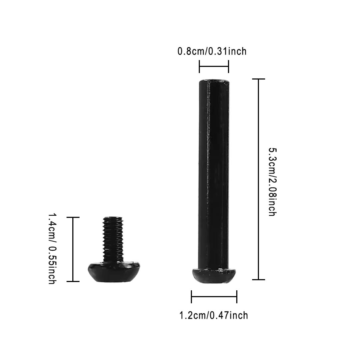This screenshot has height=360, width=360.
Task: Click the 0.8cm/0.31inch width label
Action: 212,51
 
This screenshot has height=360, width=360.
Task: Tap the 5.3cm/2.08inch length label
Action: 272,182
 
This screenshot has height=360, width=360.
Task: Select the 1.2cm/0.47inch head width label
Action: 214,315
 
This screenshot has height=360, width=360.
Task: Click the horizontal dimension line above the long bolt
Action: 214,67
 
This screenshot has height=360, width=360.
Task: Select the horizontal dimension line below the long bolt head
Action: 214,297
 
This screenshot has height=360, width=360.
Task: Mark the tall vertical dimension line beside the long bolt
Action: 258,179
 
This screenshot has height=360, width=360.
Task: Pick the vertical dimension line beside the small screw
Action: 73,249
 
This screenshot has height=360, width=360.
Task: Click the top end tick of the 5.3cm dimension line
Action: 258,79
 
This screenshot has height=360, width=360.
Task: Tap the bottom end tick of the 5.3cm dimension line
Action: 258,280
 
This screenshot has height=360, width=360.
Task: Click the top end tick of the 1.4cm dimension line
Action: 73,217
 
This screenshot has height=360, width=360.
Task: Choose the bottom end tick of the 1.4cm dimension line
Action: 73,281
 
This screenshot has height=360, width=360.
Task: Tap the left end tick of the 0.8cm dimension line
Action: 199,67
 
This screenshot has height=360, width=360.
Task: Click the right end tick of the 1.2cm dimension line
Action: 237,297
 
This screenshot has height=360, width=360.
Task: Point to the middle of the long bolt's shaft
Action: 214,173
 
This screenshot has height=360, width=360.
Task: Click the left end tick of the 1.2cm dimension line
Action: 192,297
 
